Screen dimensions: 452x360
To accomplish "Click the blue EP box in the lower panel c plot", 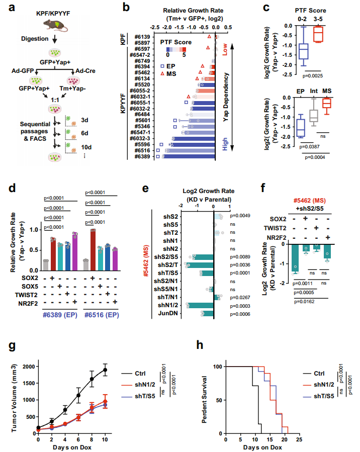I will [x=300, y=128].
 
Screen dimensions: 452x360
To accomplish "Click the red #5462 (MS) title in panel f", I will [x=310, y=201].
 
